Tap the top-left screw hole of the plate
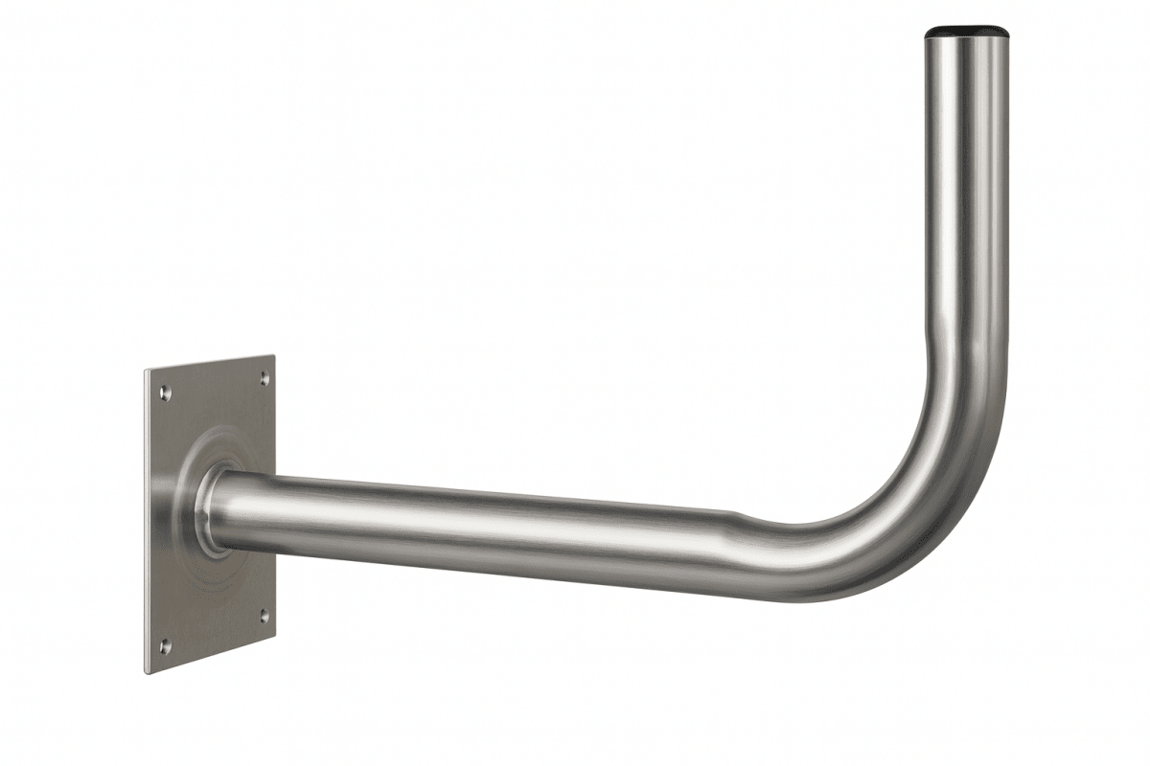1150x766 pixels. pyautogui.click(x=165, y=392)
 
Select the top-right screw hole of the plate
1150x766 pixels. pyautogui.click(x=264, y=380)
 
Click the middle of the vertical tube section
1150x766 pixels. pyautogui.click(x=966, y=191)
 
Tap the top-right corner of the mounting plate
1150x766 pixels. pyautogui.click(x=274, y=357)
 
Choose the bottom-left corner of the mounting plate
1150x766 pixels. pyautogui.click(x=147, y=672)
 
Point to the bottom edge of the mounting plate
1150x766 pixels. pyautogui.click(x=211, y=655)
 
